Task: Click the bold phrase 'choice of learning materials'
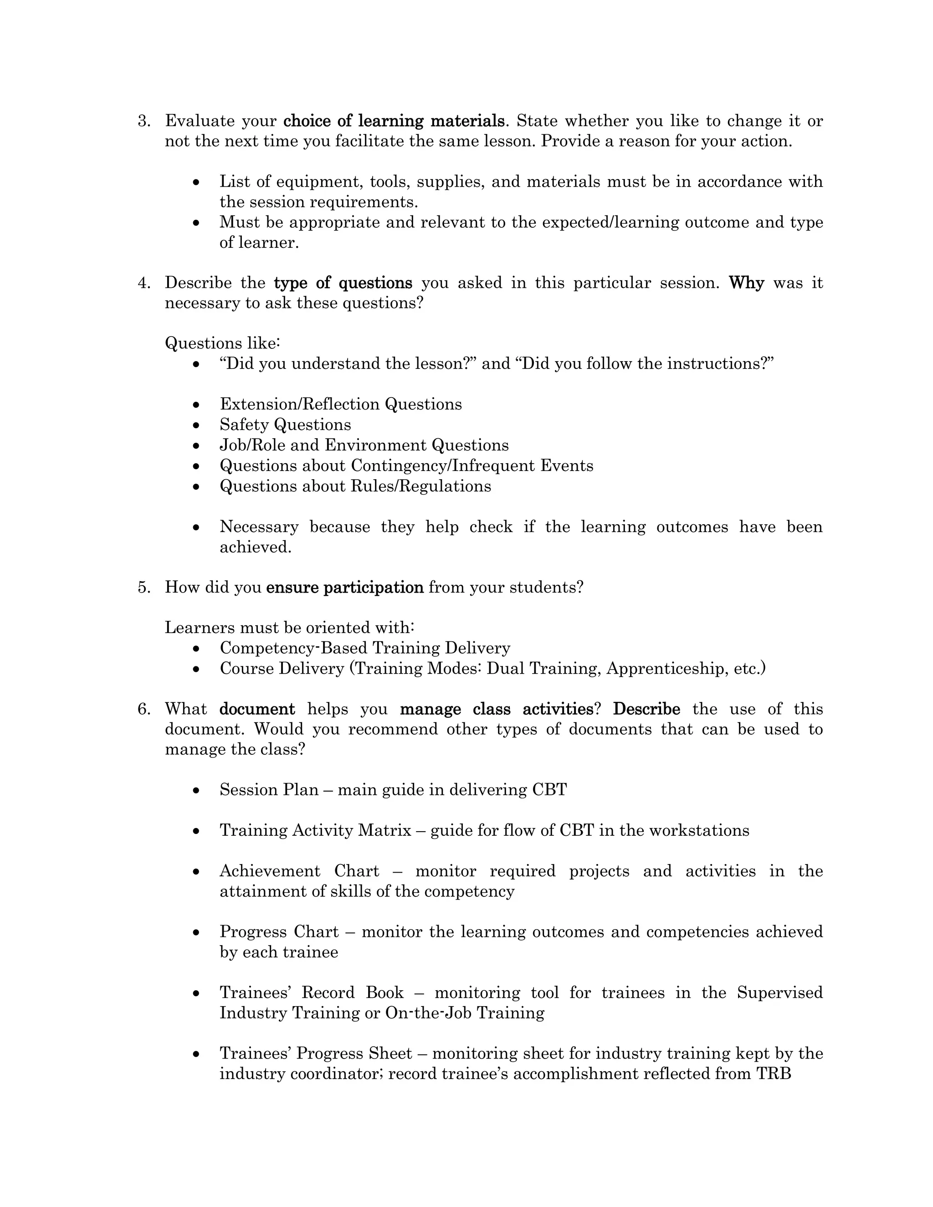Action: pos(394,121)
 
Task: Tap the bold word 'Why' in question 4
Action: pos(746,283)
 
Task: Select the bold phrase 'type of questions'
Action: pos(343,283)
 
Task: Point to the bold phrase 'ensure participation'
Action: pos(345,587)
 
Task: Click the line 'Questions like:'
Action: pos(223,343)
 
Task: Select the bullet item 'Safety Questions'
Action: pos(285,424)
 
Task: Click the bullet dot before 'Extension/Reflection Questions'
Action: pos(196,405)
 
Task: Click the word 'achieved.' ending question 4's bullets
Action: pos(256,547)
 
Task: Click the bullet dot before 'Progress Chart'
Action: pos(196,933)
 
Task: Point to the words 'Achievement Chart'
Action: pos(299,871)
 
